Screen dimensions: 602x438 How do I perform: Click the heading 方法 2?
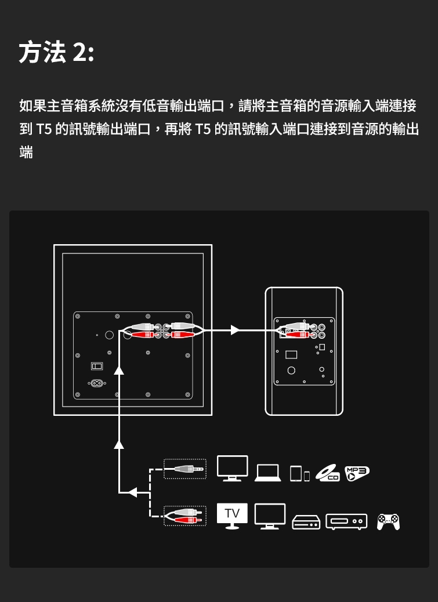point(56,53)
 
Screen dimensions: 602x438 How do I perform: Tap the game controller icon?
point(388,521)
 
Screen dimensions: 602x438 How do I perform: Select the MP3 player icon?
point(357,473)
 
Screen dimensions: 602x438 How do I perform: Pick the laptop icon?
point(267,473)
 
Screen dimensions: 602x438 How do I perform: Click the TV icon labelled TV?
point(232,516)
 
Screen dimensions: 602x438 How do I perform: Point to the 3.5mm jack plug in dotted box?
point(185,469)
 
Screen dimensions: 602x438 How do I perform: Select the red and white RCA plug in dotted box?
point(185,516)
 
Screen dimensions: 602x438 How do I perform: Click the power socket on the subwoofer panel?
point(96,383)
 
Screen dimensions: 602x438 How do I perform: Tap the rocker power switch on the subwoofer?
point(96,366)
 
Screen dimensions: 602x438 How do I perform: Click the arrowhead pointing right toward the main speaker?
point(235,330)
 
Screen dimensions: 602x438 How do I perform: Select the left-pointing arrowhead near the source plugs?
point(132,492)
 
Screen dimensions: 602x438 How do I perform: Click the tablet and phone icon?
point(300,473)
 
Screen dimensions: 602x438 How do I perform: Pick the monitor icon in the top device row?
point(233,468)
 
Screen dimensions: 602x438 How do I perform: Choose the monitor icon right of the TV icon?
point(270,516)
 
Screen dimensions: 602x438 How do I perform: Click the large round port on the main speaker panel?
point(291,371)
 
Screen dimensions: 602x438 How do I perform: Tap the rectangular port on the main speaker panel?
point(291,354)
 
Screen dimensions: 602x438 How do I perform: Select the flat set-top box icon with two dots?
point(306,523)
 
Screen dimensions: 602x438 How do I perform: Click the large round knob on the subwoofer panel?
point(109,335)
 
